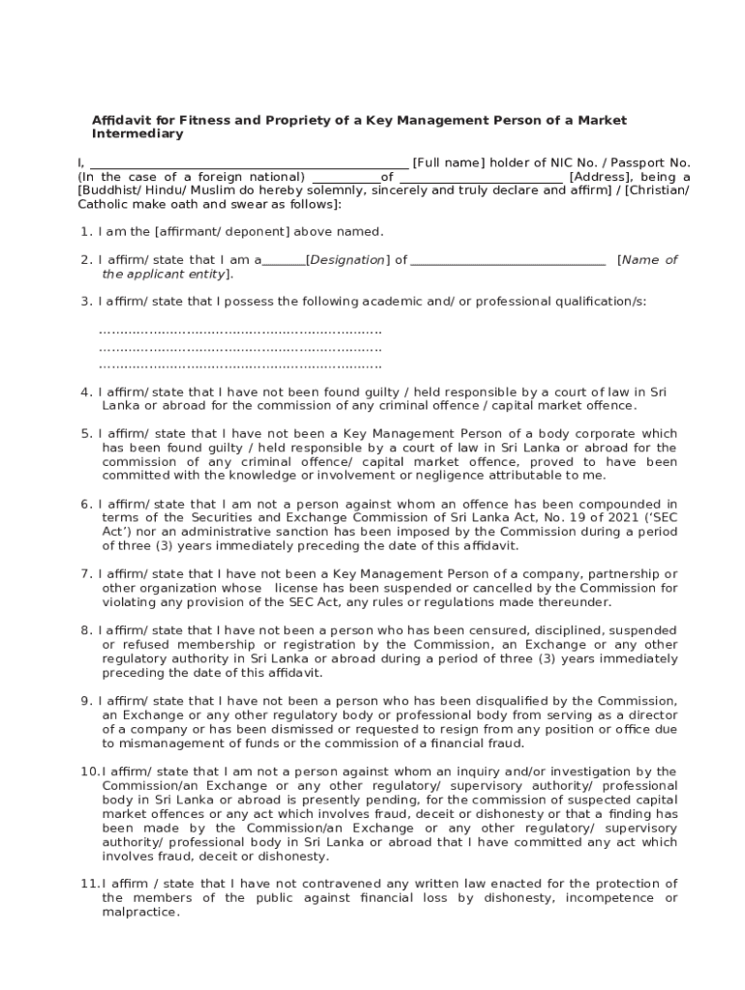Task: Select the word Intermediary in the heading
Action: click(x=136, y=134)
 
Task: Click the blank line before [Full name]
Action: click(x=249, y=163)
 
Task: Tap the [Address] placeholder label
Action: click(x=602, y=177)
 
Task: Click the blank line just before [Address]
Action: click(x=480, y=178)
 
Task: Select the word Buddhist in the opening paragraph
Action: click(x=110, y=191)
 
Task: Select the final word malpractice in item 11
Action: click(x=140, y=912)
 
